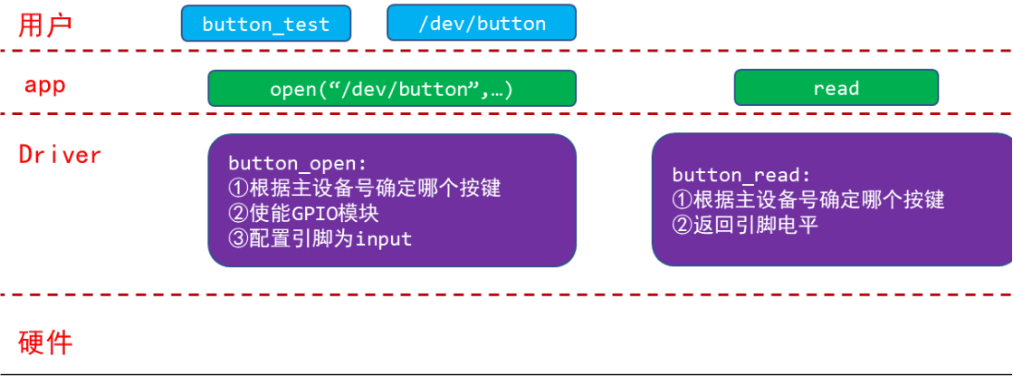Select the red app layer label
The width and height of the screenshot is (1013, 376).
coord(45,85)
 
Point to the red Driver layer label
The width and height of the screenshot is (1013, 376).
coord(60,155)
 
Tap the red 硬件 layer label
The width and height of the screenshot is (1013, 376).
coord(45,343)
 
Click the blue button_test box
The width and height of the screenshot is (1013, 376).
coord(266,24)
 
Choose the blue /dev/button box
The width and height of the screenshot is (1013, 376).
coord(482,23)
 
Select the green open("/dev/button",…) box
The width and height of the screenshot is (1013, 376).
coord(391,88)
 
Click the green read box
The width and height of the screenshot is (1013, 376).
coord(836,87)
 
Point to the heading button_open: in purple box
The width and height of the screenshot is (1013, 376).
coord(298,163)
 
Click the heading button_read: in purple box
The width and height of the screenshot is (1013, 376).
coord(741,176)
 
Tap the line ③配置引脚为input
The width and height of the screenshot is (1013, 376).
coord(320,239)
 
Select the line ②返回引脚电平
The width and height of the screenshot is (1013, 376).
coord(746,226)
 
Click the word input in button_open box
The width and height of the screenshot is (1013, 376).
coord(385,239)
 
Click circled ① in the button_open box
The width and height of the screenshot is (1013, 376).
coord(237,188)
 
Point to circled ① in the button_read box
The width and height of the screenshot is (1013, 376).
coord(681,200)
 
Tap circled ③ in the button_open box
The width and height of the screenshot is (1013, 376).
coord(237,239)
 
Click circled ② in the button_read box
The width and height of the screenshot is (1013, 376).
coord(681,226)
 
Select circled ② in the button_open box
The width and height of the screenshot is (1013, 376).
coord(237,214)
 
